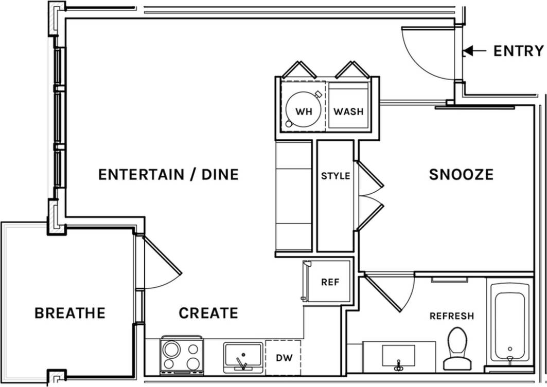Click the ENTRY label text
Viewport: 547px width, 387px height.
coord(518,51)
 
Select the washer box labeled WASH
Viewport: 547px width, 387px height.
coord(348,110)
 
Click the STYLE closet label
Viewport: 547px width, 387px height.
coord(336,176)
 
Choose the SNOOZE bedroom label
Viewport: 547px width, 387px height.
coord(461,174)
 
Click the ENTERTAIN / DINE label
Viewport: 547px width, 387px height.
coord(168,174)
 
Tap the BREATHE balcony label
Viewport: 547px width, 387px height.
coord(69,312)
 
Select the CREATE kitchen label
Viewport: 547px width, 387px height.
coord(208,312)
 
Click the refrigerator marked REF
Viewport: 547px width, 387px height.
coord(330,282)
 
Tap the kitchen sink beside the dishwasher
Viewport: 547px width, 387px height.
coord(243,356)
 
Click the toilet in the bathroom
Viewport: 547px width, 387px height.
coord(457,349)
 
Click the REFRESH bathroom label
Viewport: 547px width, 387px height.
coord(451,316)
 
